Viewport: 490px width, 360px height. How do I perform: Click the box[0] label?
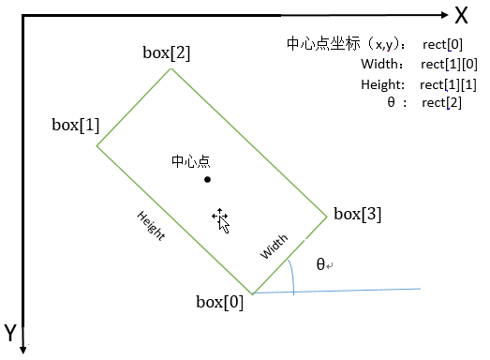(x=219, y=302)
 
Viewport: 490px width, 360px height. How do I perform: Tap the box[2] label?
(x=166, y=52)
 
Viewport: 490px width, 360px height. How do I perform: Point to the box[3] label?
(x=358, y=214)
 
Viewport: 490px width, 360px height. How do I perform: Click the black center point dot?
(x=207, y=179)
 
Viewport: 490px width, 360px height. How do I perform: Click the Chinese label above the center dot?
(x=191, y=161)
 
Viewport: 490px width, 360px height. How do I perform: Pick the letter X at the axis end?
(x=461, y=16)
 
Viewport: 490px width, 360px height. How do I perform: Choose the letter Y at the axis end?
(x=9, y=333)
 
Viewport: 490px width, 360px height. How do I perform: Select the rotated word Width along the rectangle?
(x=275, y=247)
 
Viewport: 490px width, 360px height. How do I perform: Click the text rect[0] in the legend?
(x=442, y=46)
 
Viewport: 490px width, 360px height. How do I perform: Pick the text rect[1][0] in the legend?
(x=450, y=65)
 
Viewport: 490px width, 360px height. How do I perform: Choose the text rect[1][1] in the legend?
(x=449, y=84)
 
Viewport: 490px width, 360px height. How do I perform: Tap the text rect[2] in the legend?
(x=441, y=102)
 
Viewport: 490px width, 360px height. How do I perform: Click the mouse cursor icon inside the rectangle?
(x=221, y=219)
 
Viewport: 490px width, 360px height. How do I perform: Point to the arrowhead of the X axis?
(x=441, y=15)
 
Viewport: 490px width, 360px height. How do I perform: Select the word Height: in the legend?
(x=381, y=84)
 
